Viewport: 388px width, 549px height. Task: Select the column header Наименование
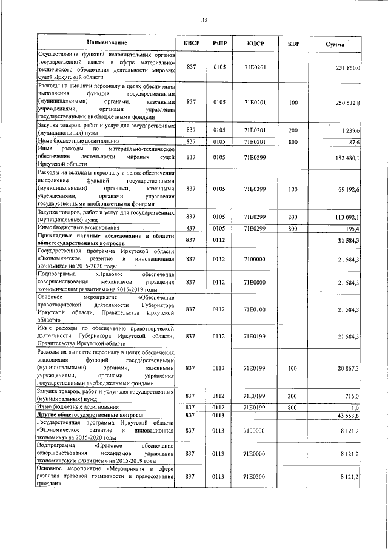click(107, 43)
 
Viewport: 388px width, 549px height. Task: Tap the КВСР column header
click(192, 43)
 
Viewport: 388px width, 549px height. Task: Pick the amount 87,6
click(354, 142)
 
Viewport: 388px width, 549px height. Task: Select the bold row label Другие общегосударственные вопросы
click(90, 415)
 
